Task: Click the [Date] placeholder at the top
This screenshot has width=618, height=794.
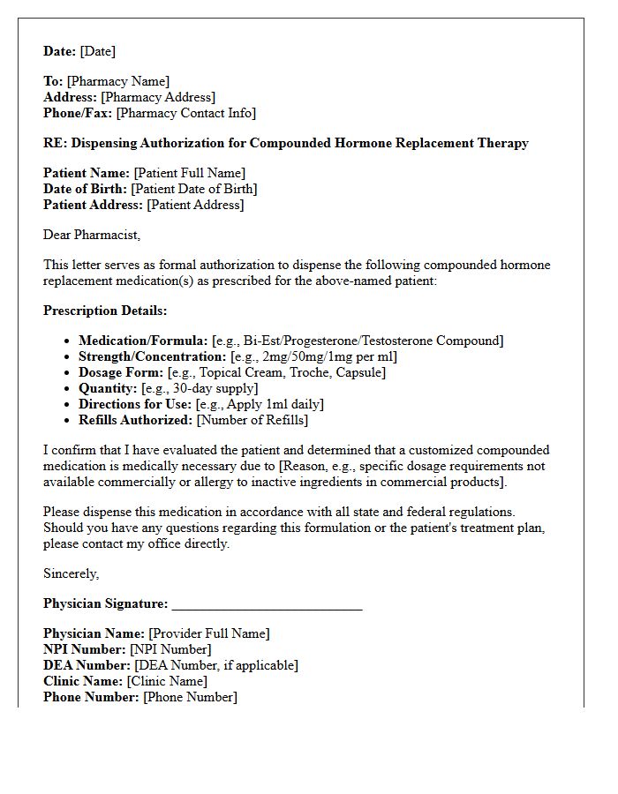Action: pyautogui.click(x=98, y=51)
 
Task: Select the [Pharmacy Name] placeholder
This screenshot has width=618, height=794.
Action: pyautogui.click(x=118, y=81)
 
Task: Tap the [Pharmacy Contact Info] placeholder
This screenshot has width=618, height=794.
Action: pyautogui.click(x=185, y=113)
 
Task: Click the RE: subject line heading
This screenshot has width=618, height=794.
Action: pyautogui.click(x=286, y=143)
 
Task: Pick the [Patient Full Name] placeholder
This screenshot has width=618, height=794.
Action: pyautogui.click(x=189, y=173)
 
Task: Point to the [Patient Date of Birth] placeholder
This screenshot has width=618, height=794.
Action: pyautogui.click(x=195, y=189)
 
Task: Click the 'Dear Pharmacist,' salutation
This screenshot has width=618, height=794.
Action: pyautogui.click(x=92, y=235)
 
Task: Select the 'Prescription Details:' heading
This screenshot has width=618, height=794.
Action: pyautogui.click(x=105, y=311)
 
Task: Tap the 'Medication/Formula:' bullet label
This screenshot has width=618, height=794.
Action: pyautogui.click(x=143, y=341)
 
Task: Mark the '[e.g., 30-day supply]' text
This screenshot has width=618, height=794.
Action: pyautogui.click(x=200, y=388)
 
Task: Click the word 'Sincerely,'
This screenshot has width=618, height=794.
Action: pyautogui.click(x=72, y=573)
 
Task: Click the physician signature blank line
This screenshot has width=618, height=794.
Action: pyautogui.click(x=267, y=605)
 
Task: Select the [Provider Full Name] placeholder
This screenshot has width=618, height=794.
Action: pyautogui.click(x=209, y=633)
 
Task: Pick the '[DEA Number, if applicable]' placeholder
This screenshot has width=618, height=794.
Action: pyautogui.click(x=216, y=665)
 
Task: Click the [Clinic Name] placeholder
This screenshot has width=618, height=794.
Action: pyautogui.click(x=167, y=681)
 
